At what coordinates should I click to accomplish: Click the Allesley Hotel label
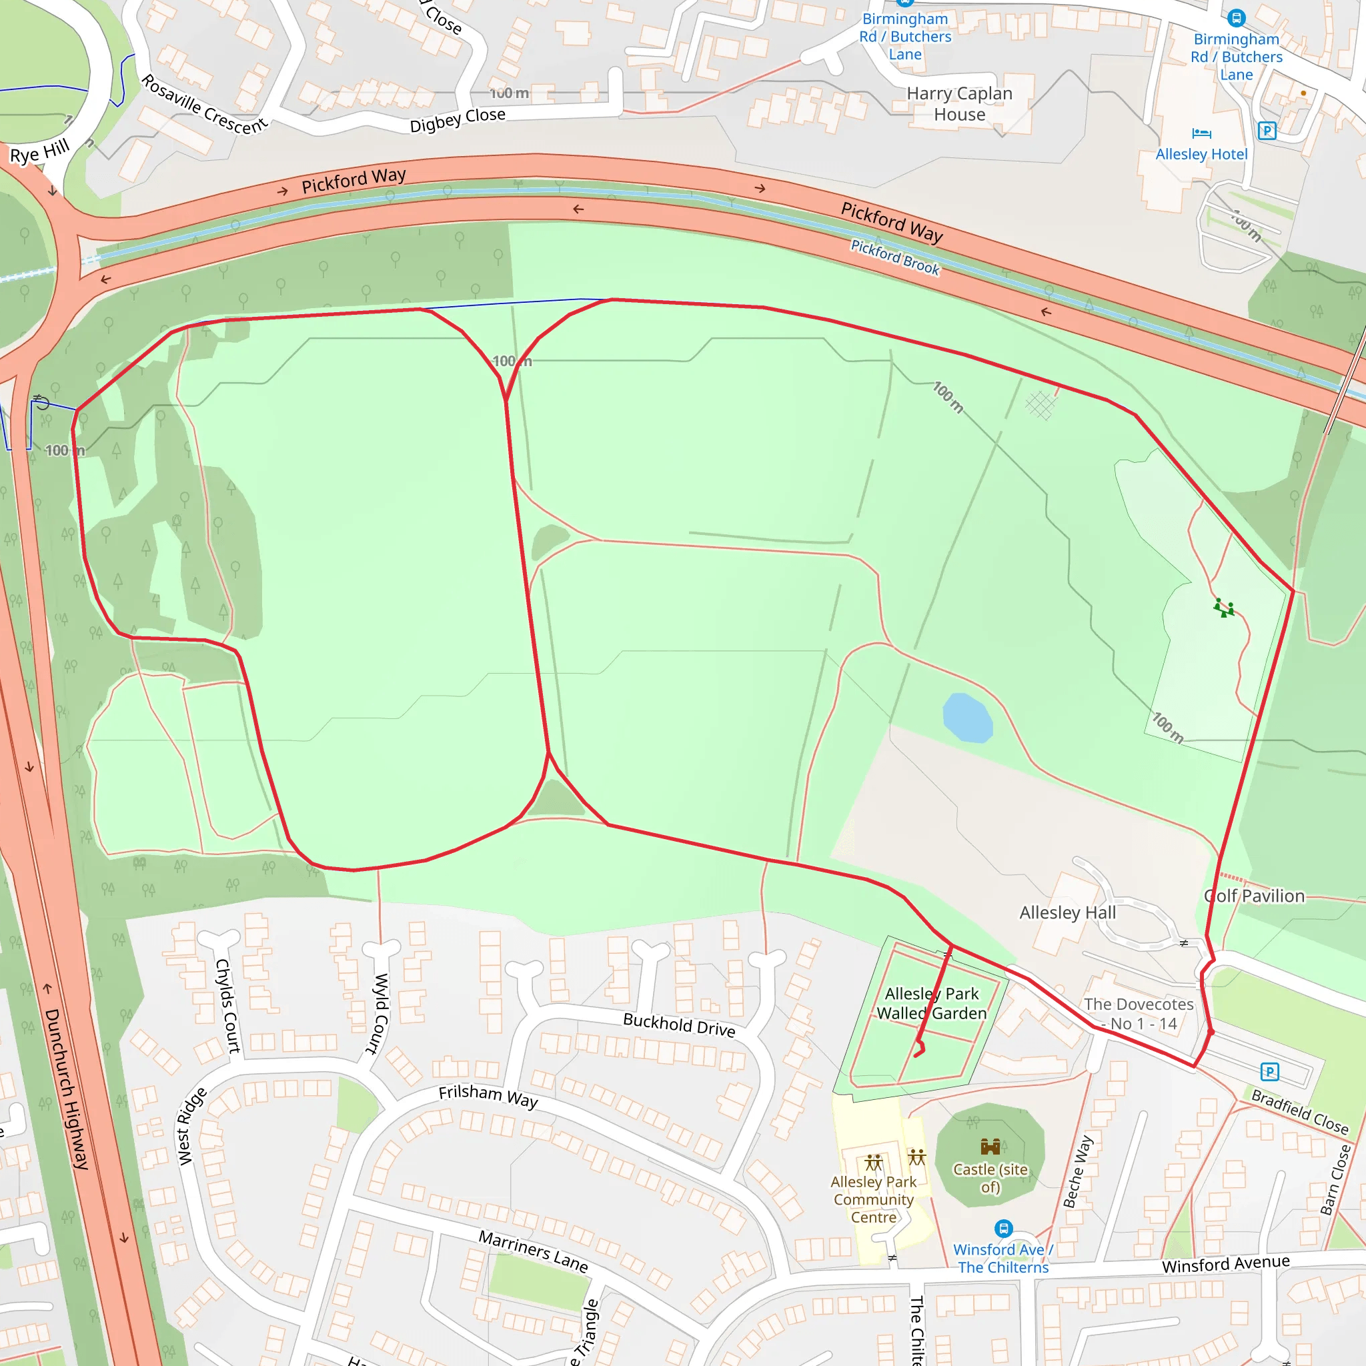coord(1201,154)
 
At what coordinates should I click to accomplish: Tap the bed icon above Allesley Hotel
coord(1201,133)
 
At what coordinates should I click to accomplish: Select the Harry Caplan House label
coord(959,104)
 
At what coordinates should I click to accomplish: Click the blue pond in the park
coord(967,718)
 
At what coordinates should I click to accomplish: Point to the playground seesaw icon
coord(1224,608)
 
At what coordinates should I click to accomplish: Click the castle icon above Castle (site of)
coord(990,1146)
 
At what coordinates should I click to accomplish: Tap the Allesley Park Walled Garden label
coord(931,1003)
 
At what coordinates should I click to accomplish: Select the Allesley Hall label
coord(1067,913)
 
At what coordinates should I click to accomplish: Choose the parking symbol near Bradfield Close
coord(1270,1072)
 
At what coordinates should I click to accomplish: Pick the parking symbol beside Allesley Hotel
coord(1267,131)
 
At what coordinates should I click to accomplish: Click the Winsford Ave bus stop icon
coord(1003,1228)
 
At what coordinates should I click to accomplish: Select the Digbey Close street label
coord(458,119)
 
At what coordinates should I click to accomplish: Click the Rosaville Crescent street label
coord(204,105)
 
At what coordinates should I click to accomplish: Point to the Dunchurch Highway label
coord(67,1088)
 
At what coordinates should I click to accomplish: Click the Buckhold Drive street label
coord(679,1024)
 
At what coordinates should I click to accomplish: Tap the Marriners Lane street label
coord(533,1251)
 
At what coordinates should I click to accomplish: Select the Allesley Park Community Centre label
coord(873,1199)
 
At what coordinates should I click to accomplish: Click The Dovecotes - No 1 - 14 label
coord(1139,1014)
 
